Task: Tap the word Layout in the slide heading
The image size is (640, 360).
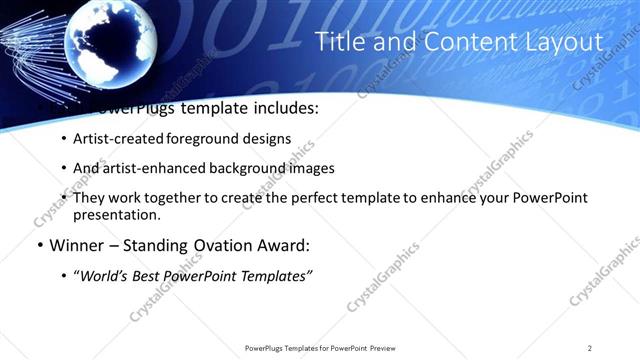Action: coord(561,42)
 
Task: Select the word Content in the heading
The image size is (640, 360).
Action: coord(469,42)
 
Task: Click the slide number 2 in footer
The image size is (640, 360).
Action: coord(590,348)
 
